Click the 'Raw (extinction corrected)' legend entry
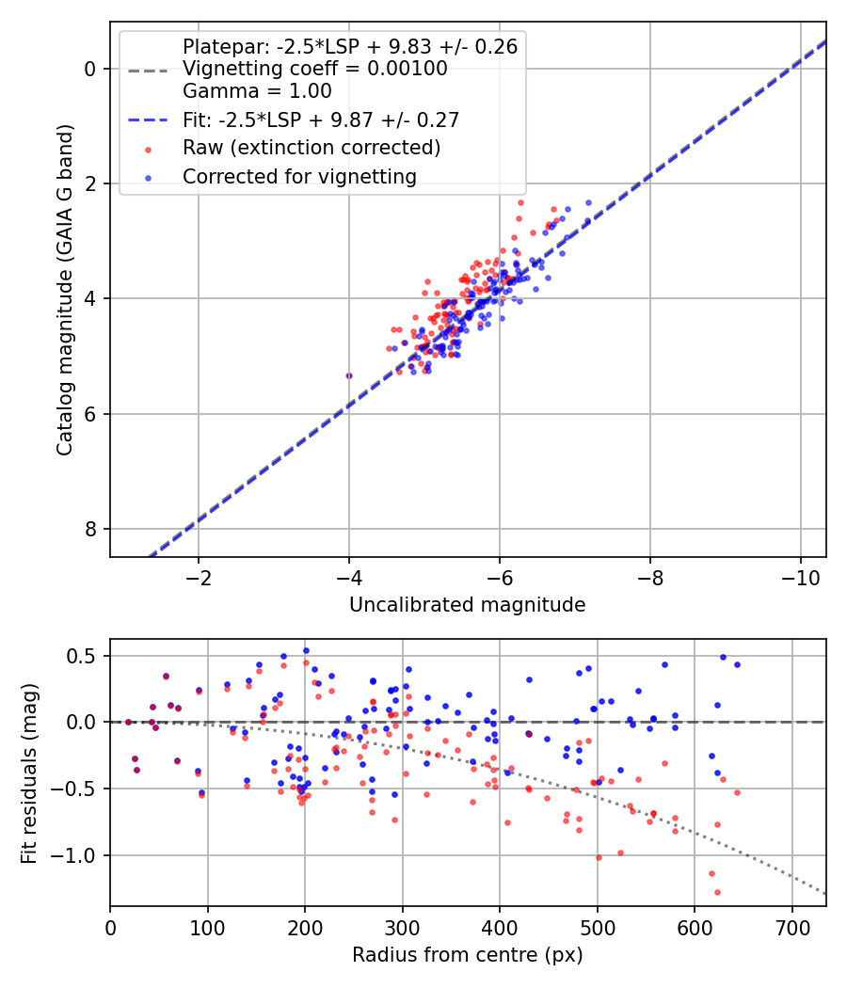pos(311,148)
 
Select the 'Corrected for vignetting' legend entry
pos(299,176)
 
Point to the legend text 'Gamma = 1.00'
pos(257,91)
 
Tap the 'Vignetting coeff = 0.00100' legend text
pos(314,69)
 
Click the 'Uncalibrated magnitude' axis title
pos(468,605)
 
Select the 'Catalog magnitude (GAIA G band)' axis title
pos(65,294)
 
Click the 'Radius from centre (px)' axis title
pos(468,955)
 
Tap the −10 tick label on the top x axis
pos(800,577)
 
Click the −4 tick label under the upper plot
pos(349,577)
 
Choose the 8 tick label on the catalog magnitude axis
pos(91,530)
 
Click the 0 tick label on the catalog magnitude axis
pos(91,69)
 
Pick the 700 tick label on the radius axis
pos(791,927)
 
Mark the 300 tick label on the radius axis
pos(402,927)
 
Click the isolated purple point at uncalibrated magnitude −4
pos(349,375)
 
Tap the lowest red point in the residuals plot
pos(717,892)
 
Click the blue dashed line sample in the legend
pos(148,120)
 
